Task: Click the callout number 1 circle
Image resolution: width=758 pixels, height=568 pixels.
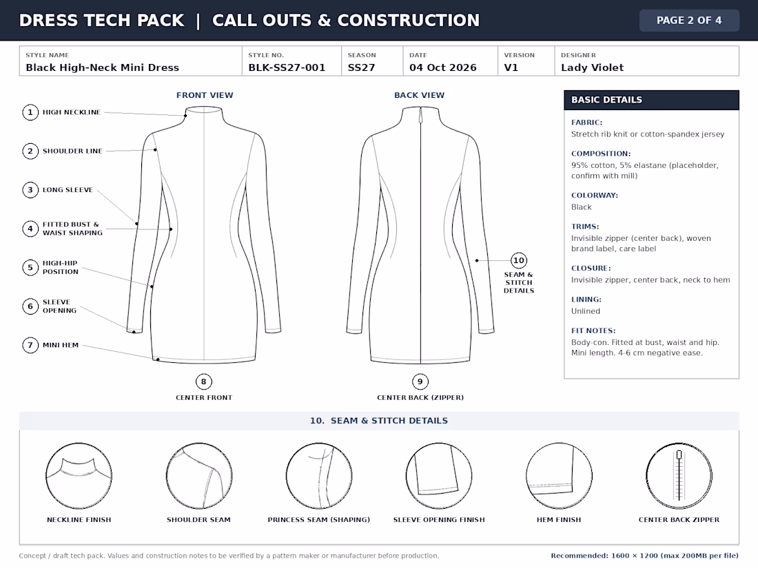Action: pyautogui.click(x=30, y=112)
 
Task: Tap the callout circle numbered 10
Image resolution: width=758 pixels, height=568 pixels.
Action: pyautogui.click(x=519, y=260)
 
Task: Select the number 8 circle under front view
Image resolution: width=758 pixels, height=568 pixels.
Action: pyautogui.click(x=203, y=381)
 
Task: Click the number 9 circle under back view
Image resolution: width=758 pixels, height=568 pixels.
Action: pyautogui.click(x=420, y=381)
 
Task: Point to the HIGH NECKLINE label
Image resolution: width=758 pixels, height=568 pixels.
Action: pyautogui.click(x=72, y=112)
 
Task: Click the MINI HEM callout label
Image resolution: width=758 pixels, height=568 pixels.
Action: pyautogui.click(x=61, y=345)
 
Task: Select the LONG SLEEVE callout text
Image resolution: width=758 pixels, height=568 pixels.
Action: pyautogui.click(x=68, y=190)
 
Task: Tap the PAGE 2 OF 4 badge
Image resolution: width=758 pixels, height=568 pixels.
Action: pyautogui.click(x=689, y=20)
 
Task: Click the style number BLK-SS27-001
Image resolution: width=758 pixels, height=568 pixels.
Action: pyautogui.click(x=287, y=67)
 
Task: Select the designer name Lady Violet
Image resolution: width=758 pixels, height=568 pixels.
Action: pyautogui.click(x=592, y=67)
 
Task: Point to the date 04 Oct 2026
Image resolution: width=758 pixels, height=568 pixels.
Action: pyautogui.click(x=443, y=67)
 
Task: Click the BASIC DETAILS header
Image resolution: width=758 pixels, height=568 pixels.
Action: pyautogui.click(x=651, y=100)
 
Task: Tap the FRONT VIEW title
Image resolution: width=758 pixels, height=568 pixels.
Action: pyautogui.click(x=205, y=95)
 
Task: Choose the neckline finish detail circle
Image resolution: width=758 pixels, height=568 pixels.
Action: pyautogui.click(x=79, y=476)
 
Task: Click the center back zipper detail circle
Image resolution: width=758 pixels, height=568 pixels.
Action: pyautogui.click(x=679, y=476)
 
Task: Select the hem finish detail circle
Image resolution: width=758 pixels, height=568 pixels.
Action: pyautogui.click(x=559, y=476)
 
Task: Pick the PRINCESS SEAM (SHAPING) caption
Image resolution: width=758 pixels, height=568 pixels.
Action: pyautogui.click(x=318, y=520)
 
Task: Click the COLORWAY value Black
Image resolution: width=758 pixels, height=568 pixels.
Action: pyautogui.click(x=581, y=207)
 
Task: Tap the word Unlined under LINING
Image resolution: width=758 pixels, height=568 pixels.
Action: pyautogui.click(x=586, y=311)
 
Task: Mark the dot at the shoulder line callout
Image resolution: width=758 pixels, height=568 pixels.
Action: pyautogui.click(x=155, y=149)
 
